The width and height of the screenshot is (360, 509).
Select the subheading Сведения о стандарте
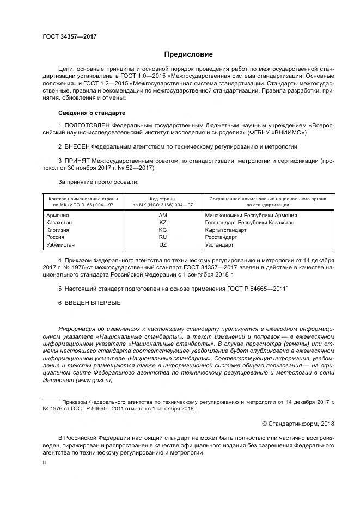click(x=91, y=113)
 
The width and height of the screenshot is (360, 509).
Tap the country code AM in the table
click(x=162, y=215)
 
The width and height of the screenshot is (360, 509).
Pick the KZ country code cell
click(x=162, y=223)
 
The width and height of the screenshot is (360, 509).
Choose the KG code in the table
click(x=162, y=230)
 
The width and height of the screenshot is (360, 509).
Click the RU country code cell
click(x=162, y=238)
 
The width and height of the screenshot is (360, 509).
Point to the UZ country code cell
click(x=162, y=246)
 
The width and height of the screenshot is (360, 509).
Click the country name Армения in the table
click(x=58, y=215)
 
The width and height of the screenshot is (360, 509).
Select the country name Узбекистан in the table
click(x=63, y=246)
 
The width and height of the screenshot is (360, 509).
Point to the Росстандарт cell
click(x=221, y=238)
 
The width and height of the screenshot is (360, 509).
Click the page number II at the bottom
click(x=45, y=461)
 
